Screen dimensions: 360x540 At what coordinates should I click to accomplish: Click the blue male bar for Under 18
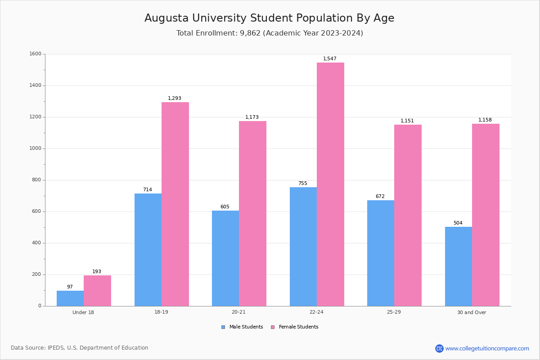(x=70, y=298)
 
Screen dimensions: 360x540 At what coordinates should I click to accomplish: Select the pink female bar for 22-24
(x=330, y=184)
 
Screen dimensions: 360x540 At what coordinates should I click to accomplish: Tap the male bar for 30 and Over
(x=459, y=266)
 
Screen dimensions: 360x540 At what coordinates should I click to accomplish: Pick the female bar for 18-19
(x=175, y=204)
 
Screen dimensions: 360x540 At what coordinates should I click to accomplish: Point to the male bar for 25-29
(x=381, y=253)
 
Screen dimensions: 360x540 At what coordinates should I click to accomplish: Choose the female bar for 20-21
(x=252, y=214)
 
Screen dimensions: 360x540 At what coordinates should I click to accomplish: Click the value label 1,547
(x=330, y=59)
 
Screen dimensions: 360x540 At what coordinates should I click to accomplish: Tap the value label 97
(x=70, y=287)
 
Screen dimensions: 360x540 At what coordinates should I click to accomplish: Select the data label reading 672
(x=380, y=197)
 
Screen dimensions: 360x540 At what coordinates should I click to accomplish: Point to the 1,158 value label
(x=485, y=120)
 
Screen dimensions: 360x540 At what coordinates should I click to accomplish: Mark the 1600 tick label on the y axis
(x=36, y=54)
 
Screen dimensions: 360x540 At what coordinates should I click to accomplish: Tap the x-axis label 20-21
(x=238, y=312)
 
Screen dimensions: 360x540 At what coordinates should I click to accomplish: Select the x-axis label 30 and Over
(x=472, y=312)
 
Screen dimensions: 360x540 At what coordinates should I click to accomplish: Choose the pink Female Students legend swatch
(x=273, y=327)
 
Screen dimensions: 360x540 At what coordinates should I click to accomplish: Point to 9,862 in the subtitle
(x=251, y=33)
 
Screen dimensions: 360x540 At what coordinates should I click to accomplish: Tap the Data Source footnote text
(x=80, y=348)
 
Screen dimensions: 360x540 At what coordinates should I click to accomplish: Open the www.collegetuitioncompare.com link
(x=487, y=348)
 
